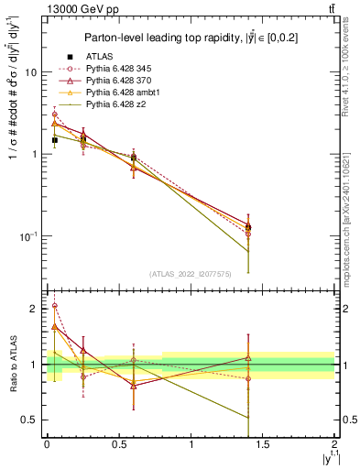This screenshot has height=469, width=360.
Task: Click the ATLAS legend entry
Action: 99,58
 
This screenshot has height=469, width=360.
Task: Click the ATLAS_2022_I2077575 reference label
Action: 189,273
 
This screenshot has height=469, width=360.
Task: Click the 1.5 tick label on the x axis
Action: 263,443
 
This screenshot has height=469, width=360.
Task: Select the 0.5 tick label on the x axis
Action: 119,443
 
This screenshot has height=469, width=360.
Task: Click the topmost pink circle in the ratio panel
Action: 55,306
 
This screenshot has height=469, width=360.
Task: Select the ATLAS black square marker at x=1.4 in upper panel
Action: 248,227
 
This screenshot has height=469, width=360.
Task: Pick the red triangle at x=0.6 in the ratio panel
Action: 134,386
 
